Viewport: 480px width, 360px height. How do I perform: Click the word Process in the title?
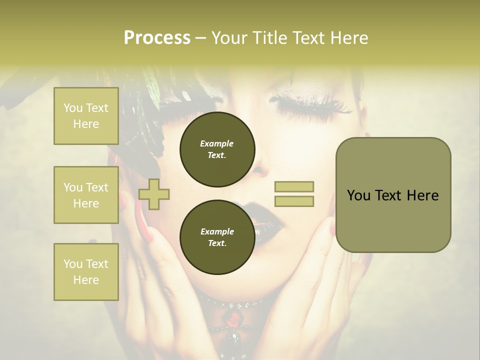(157, 38)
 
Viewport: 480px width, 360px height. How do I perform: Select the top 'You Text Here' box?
(86, 116)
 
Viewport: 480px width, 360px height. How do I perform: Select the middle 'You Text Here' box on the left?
(86, 195)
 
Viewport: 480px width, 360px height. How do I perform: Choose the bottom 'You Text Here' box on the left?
(86, 272)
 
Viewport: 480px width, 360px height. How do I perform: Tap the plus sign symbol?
(154, 193)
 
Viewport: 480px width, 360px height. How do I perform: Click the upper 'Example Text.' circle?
(217, 149)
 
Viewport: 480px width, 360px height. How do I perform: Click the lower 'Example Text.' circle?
(217, 237)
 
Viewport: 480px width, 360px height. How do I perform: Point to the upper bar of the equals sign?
(294, 187)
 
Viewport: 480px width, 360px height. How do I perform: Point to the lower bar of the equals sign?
(294, 201)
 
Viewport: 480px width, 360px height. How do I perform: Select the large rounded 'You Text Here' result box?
(393, 195)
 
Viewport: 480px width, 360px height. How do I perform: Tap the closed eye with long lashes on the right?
(310, 103)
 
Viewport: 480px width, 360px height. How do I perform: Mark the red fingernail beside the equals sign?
(332, 229)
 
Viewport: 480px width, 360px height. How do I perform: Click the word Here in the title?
(348, 38)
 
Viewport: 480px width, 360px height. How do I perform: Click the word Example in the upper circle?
(216, 143)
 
